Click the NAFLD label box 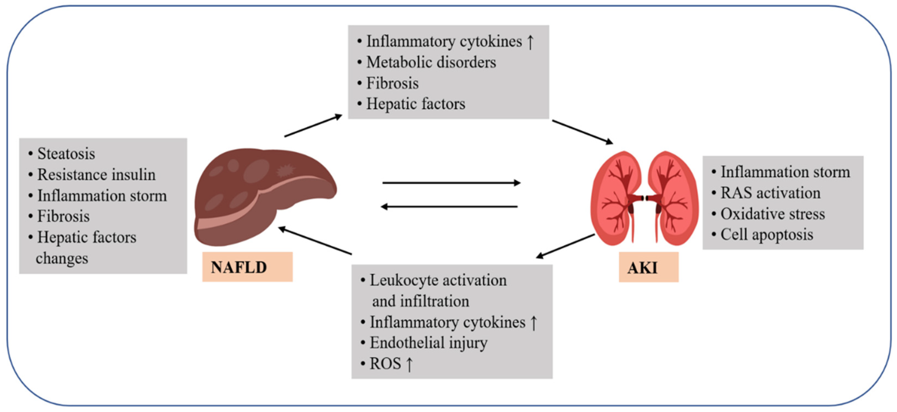(247, 267)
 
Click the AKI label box (648, 267)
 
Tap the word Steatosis (66, 154)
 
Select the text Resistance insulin (96, 175)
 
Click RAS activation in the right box (770, 193)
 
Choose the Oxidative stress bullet (772, 214)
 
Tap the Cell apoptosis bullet (767, 235)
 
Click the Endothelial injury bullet (428, 343)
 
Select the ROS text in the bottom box (385, 364)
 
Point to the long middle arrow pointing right (451, 182)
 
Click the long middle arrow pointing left (449, 207)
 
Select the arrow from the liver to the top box (314, 126)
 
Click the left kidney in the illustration (616, 198)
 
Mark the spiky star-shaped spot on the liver (286, 171)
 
